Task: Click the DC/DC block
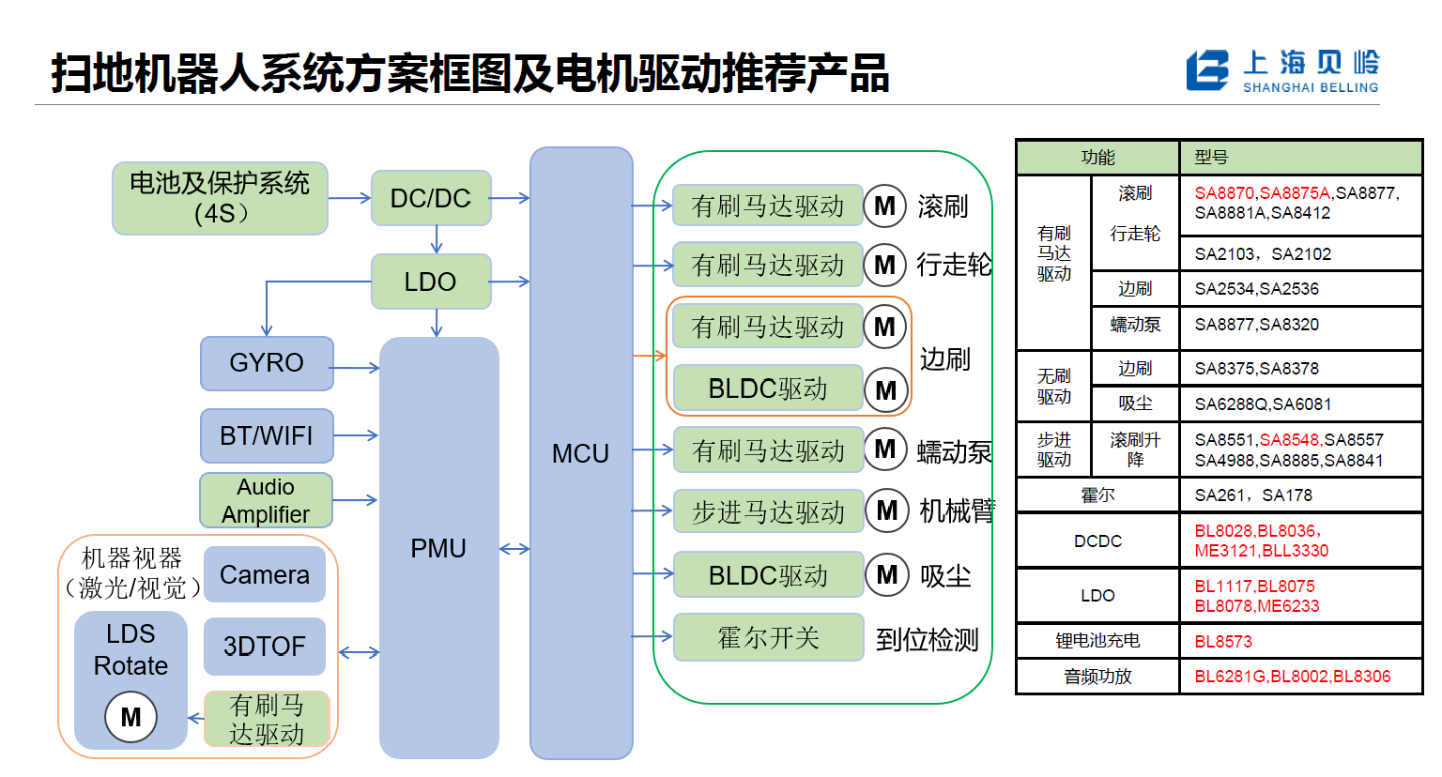click(x=431, y=198)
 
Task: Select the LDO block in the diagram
click(x=431, y=282)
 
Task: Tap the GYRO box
click(x=267, y=363)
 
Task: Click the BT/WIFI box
click(x=267, y=435)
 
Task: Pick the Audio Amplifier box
click(x=267, y=500)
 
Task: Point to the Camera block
click(x=265, y=574)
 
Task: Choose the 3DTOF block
click(x=265, y=647)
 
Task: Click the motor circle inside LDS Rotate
click(x=130, y=717)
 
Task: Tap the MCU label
click(x=580, y=454)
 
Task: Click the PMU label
click(x=438, y=549)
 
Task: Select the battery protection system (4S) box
click(x=220, y=198)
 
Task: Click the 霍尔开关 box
click(x=768, y=638)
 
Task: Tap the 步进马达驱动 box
click(x=768, y=511)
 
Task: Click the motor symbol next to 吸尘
click(x=887, y=574)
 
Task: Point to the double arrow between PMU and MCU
click(x=514, y=549)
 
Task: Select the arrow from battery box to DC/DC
click(x=349, y=198)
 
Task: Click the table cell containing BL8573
click(x=1299, y=642)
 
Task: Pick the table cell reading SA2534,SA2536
click(x=1299, y=289)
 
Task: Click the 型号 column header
click(x=1299, y=158)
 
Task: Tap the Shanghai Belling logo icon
click(x=1207, y=70)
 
